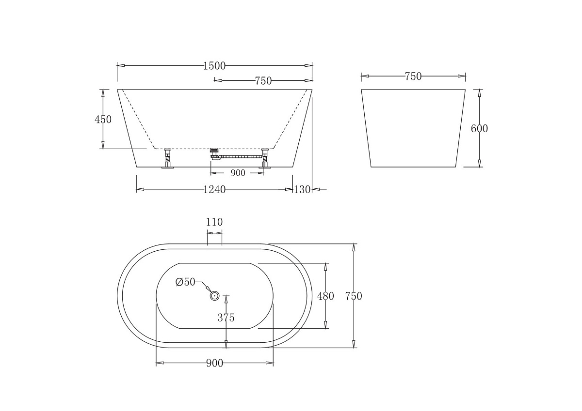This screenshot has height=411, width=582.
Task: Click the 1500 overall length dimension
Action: [x=214, y=66]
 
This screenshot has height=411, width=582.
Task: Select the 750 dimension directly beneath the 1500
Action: [x=263, y=81]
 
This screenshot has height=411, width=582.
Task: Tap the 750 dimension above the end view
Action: [x=413, y=76]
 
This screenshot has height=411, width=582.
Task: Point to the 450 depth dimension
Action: [x=103, y=119]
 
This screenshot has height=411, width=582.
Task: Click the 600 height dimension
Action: [x=479, y=128]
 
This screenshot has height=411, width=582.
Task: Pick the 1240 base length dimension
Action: [x=214, y=190]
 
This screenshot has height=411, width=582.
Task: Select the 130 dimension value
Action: [x=302, y=190]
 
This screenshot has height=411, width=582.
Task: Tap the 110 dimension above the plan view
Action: [x=214, y=222]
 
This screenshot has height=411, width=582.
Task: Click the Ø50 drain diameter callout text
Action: [x=185, y=282]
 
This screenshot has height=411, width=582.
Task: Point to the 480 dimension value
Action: [x=325, y=296]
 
